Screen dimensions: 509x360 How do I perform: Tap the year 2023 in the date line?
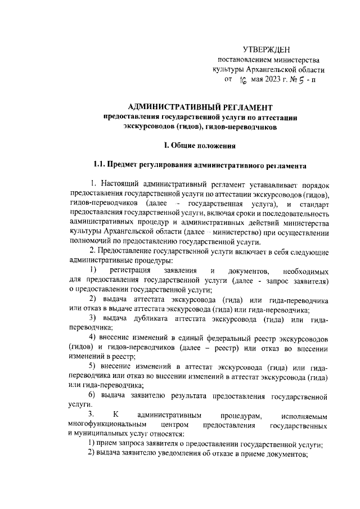tap(267, 79)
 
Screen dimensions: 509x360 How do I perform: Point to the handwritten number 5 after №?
tap(301, 79)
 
